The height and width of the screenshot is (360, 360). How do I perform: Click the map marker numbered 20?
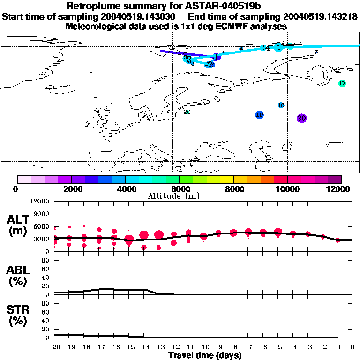tap(302, 118)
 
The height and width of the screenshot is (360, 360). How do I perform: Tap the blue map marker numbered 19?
tap(259, 115)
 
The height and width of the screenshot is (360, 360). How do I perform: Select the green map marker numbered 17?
tap(342, 83)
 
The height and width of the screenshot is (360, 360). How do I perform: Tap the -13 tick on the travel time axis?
tap(159, 347)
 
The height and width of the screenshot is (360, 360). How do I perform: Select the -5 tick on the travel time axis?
tap(278, 347)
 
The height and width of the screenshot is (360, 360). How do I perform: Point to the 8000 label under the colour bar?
tap(233, 189)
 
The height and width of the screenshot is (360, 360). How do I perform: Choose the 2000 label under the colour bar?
tap(71, 189)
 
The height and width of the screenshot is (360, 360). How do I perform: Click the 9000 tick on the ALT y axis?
tap(41, 214)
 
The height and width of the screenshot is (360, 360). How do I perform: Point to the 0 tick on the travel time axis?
tap(352, 347)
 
